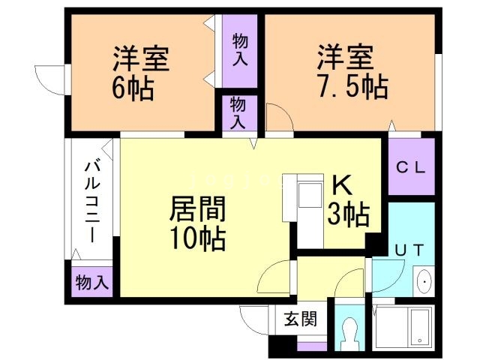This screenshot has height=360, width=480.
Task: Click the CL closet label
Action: (x=411, y=169)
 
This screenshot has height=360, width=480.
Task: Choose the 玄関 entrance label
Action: (x=299, y=318)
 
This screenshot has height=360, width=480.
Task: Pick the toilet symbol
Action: (x=349, y=329)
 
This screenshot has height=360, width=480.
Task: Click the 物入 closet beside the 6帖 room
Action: (x=240, y=49)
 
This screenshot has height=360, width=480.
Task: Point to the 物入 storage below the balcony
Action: (x=92, y=283)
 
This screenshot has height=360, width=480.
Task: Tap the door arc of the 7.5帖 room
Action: (x=276, y=118)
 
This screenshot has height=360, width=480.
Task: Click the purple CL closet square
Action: (x=411, y=169)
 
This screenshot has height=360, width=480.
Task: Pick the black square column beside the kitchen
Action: (x=370, y=244)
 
